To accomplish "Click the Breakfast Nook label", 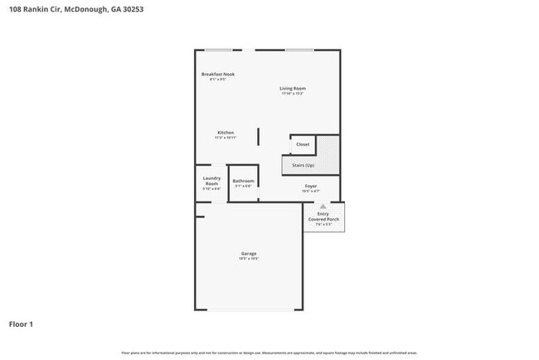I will [x=218, y=75].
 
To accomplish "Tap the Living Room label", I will [x=292, y=88].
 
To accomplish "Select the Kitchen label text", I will [x=226, y=133].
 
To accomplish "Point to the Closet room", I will [x=303, y=144].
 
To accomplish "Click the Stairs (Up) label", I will [x=303, y=165].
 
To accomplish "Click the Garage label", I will [x=249, y=253].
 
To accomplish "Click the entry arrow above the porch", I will [x=323, y=205].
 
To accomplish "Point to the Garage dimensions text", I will [x=249, y=259].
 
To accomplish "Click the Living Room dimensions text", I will [x=292, y=94].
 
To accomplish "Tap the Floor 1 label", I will [x=22, y=324].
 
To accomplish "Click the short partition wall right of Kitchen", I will [x=257, y=137].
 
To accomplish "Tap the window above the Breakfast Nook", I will [x=219, y=50].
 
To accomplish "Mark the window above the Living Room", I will [x=299, y=50].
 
